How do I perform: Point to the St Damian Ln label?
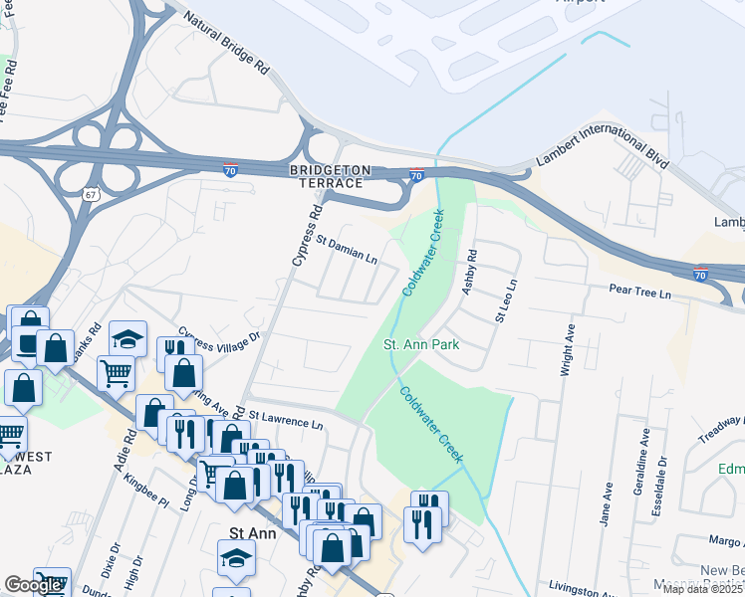pyautogui.click(x=346, y=249)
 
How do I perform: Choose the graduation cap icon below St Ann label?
pyautogui.click(x=237, y=556)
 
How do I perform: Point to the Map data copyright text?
pyautogui.click(x=703, y=589)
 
